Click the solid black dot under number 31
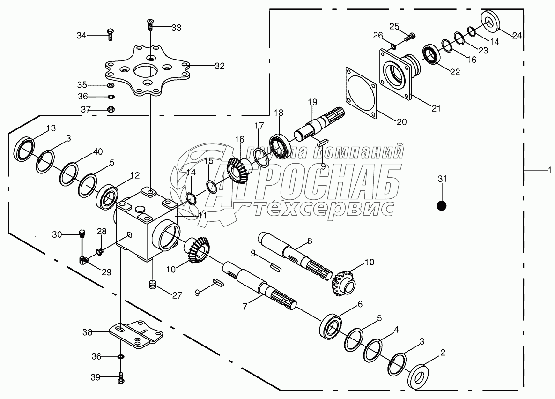[441, 205]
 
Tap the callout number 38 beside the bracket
[88, 332]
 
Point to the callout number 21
[436, 109]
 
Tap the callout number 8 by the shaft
[309, 241]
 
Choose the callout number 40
[97, 151]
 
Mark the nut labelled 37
[111, 109]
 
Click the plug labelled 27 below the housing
[152, 284]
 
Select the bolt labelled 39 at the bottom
[120, 376]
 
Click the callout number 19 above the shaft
[313, 102]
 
